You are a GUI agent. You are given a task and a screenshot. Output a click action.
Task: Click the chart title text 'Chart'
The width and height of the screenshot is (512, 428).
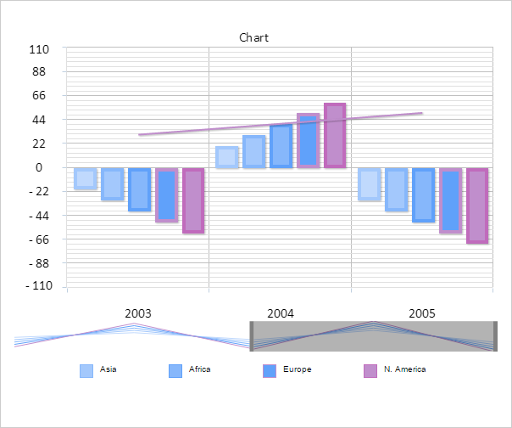pyautogui.click(x=253, y=37)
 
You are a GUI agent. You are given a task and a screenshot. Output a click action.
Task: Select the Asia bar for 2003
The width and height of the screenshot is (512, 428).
pyautogui.click(x=85, y=178)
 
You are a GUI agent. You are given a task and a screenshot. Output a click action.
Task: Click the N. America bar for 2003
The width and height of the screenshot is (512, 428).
pyautogui.click(x=193, y=200)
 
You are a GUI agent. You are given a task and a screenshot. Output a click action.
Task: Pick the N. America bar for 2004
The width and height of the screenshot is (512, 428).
pyautogui.click(x=335, y=136)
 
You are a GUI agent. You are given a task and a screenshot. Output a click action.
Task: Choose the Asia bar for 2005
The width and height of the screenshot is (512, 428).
pyautogui.click(x=369, y=184)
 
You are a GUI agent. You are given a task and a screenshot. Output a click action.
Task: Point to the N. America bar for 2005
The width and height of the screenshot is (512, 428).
pyautogui.click(x=477, y=206)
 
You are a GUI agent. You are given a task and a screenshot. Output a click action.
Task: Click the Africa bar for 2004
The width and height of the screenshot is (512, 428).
pyautogui.click(x=253, y=151)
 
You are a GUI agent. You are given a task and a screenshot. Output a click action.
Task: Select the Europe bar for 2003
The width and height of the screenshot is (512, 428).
pyautogui.click(x=139, y=189)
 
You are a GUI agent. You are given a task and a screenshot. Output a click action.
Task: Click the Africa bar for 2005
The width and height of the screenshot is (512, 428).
pyautogui.click(x=396, y=189)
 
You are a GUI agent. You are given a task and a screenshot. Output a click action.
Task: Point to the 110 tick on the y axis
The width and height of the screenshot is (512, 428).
pyautogui.click(x=39, y=49)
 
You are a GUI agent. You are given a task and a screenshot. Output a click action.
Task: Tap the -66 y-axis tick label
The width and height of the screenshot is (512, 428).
pyautogui.click(x=37, y=239)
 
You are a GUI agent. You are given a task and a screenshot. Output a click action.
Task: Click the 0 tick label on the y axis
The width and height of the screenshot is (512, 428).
pyautogui.click(x=39, y=168)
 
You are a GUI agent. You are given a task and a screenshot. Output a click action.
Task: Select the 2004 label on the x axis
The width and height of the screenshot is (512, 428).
pyautogui.click(x=280, y=313)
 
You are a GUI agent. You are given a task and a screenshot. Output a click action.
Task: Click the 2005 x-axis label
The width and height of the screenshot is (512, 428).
pyautogui.click(x=422, y=313)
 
